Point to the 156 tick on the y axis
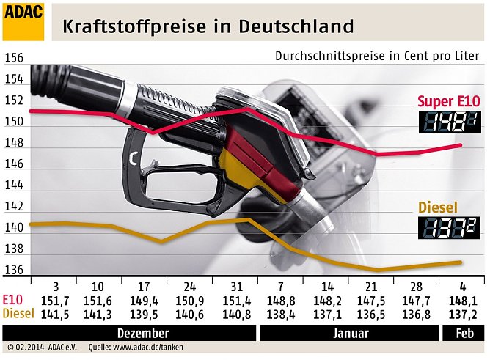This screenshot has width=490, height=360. pyautogui.click(x=14, y=59)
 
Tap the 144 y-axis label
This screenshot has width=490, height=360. pyautogui.click(x=14, y=186)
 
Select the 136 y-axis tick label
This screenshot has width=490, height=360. pyautogui.click(x=14, y=271)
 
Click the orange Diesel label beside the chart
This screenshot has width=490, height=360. pyautogui.click(x=438, y=207)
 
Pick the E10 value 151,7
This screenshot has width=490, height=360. pyautogui.click(x=56, y=300)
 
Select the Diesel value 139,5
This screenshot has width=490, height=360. pyautogui.click(x=145, y=313)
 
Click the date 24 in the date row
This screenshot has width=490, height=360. pyautogui.click(x=190, y=286)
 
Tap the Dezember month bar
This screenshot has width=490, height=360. pyautogui.click(x=144, y=333)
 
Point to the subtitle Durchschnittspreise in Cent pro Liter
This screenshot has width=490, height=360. pyautogui.click(x=376, y=56)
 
